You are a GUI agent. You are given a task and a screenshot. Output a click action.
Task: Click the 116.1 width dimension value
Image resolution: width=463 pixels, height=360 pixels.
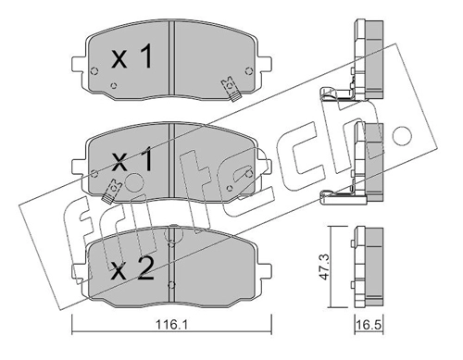pyautogui.click(x=170, y=325)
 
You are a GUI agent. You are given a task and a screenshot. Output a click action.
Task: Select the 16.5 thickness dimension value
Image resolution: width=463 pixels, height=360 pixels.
pyautogui.click(x=369, y=326)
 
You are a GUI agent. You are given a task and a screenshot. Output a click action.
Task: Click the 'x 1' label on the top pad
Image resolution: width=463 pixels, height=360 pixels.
pyautogui.click(x=132, y=56)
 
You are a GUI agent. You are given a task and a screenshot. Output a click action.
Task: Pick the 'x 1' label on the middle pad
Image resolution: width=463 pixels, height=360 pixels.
pyautogui.click(x=132, y=159)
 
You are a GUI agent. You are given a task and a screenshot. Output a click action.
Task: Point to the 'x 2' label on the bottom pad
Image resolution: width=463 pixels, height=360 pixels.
pyautogui.click(x=132, y=268)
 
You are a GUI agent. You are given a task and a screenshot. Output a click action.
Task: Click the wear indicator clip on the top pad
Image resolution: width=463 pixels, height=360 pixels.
pyautogui.click(x=231, y=89)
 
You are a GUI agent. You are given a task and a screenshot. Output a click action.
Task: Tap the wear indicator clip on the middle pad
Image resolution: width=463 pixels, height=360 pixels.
pyautogui.click(x=112, y=191)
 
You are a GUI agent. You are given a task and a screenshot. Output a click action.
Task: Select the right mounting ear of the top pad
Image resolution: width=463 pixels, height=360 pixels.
pyautogui.click(x=265, y=64)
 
